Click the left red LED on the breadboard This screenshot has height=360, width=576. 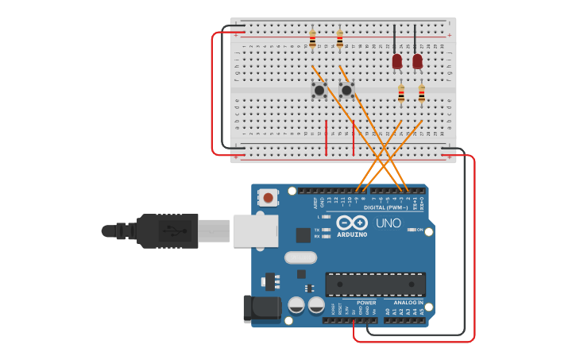pyautogui.click(x=397, y=60)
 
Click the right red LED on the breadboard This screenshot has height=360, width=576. pyautogui.click(x=418, y=60)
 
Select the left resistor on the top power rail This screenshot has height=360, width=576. pyautogui.click(x=312, y=37)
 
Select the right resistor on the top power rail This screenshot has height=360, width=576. pyautogui.click(x=340, y=37)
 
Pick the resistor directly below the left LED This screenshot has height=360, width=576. pyautogui.click(x=401, y=94)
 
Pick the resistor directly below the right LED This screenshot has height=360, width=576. pyautogui.click(x=422, y=94)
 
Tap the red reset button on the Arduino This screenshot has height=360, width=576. pyautogui.click(x=269, y=197)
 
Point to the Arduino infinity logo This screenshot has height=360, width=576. pyautogui.click(x=352, y=223)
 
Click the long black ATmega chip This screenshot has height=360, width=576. pyautogui.click(x=375, y=284)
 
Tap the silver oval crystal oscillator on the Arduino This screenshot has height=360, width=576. pyautogui.click(x=300, y=257)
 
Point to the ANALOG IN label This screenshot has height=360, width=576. pyautogui.click(x=409, y=302)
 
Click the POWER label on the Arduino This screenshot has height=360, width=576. pyautogui.click(x=366, y=302)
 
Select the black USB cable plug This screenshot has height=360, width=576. pyautogui.click(x=167, y=230)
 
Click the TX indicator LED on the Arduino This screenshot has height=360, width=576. pyautogui.click(x=326, y=230)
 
